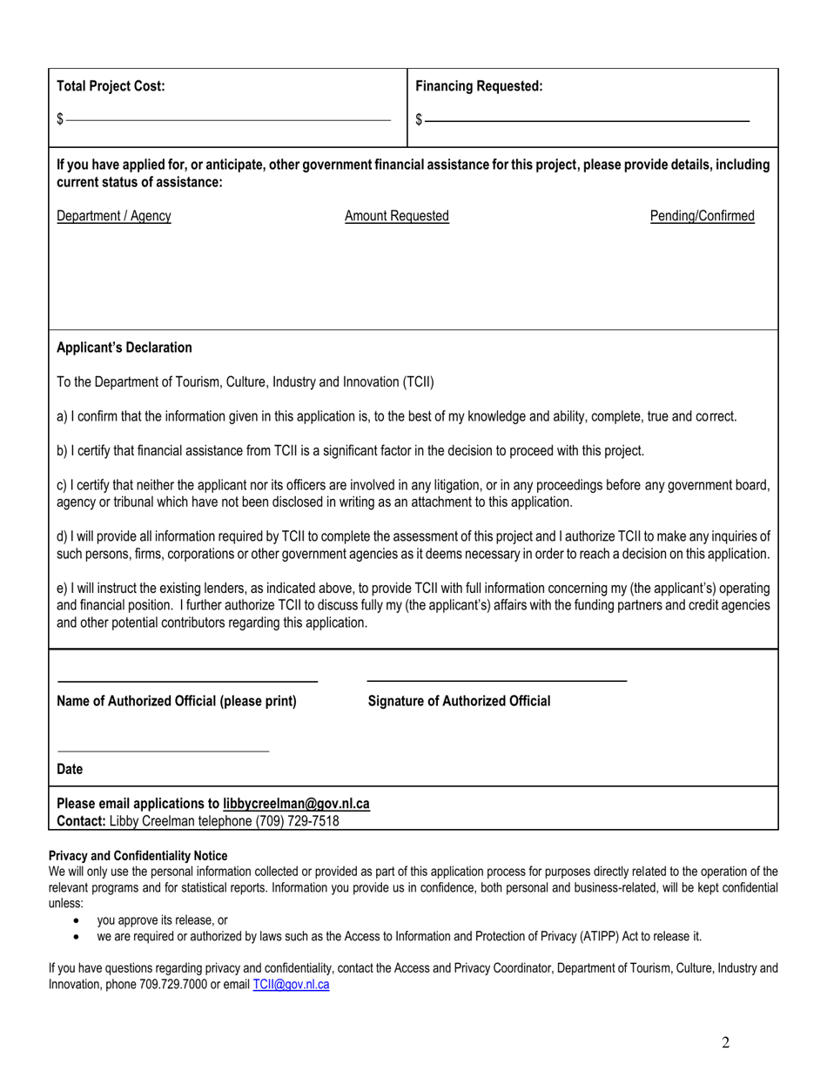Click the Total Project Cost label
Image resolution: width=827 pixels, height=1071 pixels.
pos(111,86)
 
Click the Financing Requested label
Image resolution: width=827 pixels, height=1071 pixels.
pos(479,86)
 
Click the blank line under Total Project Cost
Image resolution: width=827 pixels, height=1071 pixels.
pos(228,120)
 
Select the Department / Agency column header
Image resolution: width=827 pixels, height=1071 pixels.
pos(114,216)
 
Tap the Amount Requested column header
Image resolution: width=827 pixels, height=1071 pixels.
pos(397,216)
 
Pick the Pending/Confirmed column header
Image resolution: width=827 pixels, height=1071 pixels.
pos(702,216)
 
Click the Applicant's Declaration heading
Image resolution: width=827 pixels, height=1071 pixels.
pos(124,347)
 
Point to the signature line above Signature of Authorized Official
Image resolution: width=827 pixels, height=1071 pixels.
pos(497,680)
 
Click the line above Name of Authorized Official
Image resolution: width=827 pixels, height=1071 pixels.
pos(187,680)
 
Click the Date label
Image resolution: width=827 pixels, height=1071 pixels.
pos(70,769)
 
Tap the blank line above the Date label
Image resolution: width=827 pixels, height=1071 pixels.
pos(164,751)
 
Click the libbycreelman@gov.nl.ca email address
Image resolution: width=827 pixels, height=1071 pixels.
pos(296,804)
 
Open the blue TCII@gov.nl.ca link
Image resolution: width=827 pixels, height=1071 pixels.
pos(291,985)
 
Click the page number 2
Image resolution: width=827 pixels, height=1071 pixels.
pos(725,1043)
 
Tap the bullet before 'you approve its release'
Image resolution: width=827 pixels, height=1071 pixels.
pos(78,920)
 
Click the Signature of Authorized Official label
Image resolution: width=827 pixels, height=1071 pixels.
pos(459,701)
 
